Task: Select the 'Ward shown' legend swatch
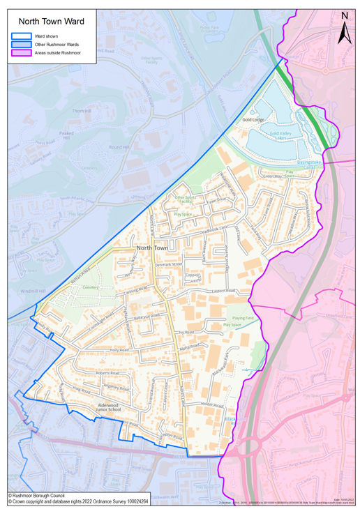coord(21,35)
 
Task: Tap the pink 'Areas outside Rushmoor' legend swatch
coord(21,52)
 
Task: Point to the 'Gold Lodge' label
coord(253,120)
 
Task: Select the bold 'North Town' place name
coord(153,248)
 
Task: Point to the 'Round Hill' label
coord(119,147)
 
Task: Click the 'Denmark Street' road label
coord(167,265)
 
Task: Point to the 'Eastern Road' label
coord(244,291)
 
